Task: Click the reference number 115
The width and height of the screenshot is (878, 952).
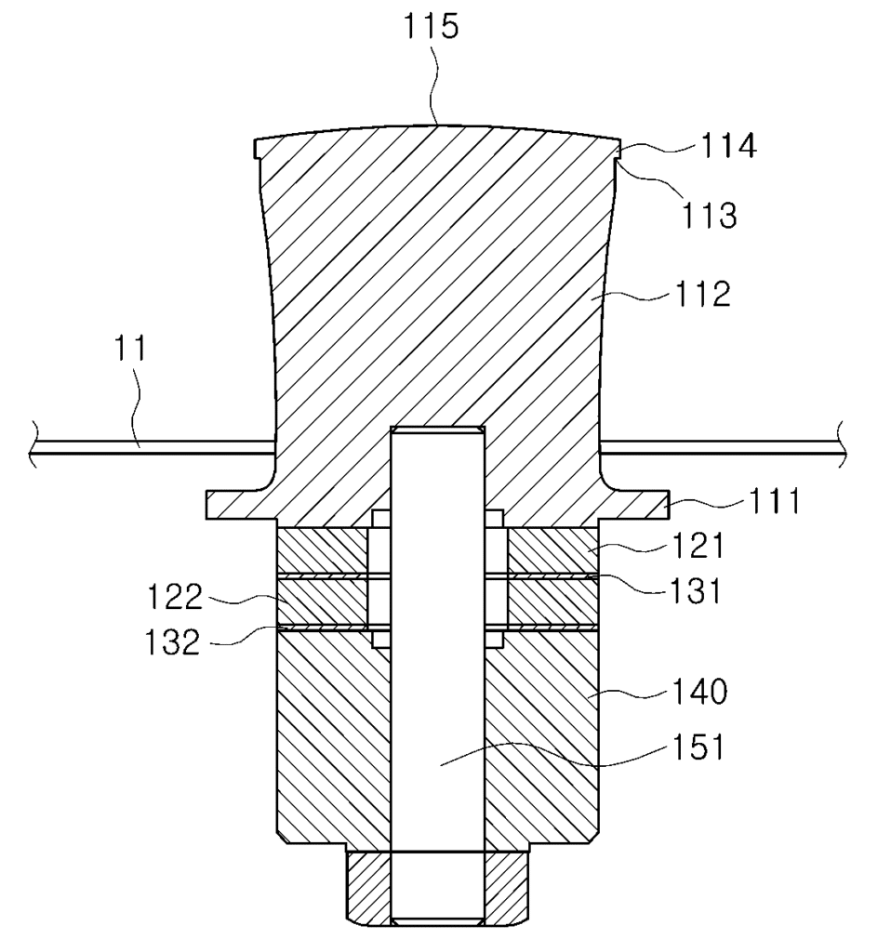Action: tap(432, 27)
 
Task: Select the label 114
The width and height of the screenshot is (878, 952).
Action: tap(728, 146)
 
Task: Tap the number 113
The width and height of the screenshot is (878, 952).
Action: tap(710, 216)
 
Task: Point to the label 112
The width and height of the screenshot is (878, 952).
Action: tap(702, 294)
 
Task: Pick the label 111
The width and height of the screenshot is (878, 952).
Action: tap(773, 501)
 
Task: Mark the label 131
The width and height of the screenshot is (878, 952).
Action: tap(695, 590)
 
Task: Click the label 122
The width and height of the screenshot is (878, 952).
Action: tap(175, 597)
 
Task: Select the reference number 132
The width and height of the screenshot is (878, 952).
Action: tap(172, 641)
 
